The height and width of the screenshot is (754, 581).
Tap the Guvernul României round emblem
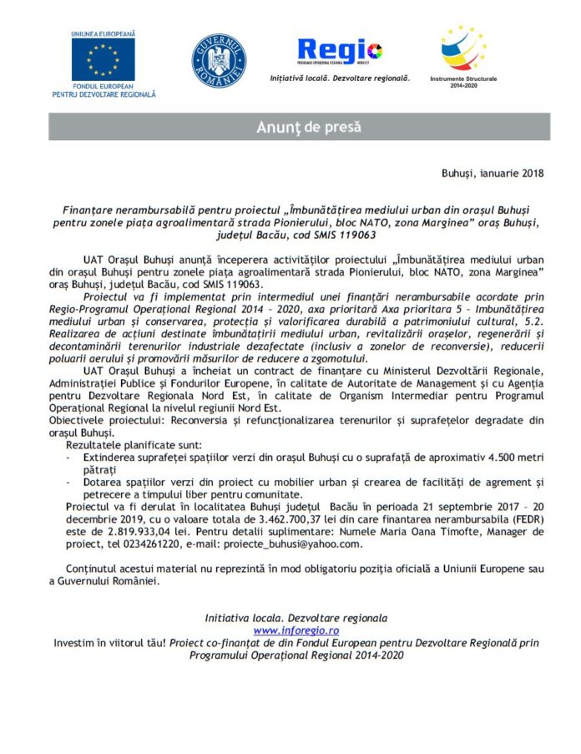[218, 61]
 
